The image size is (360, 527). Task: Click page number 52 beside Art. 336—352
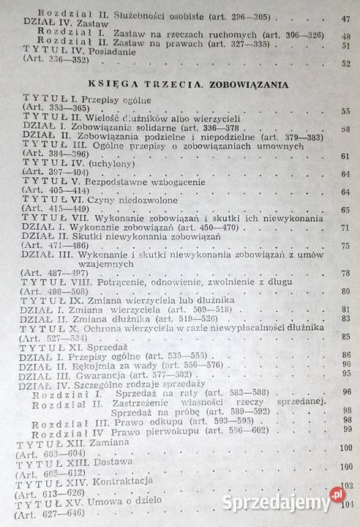tap(345, 64)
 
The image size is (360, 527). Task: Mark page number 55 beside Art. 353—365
tap(345, 111)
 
